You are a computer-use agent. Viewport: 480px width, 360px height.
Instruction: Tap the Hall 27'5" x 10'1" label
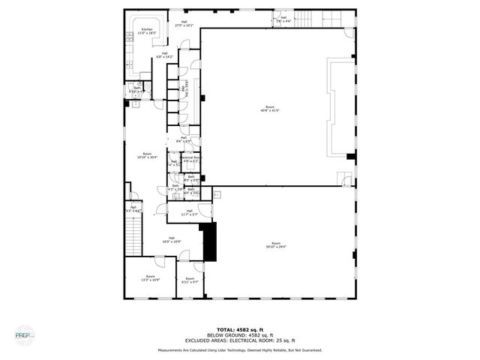184,24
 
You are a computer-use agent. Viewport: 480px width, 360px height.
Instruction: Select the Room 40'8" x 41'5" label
269,108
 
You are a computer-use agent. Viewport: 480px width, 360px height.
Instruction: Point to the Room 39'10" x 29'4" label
276,244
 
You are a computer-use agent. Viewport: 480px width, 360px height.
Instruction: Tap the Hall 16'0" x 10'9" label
172,239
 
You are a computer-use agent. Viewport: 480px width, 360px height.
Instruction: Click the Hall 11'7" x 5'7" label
189,212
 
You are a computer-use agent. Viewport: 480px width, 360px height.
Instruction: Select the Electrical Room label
190,159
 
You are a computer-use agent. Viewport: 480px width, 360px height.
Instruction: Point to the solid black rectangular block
210,241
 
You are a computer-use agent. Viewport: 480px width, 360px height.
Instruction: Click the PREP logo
24,334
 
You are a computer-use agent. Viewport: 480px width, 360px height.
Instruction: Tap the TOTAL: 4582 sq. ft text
240,328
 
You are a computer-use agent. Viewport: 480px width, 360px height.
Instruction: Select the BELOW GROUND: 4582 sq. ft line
240,334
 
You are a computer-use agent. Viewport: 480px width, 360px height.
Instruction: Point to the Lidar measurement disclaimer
240,349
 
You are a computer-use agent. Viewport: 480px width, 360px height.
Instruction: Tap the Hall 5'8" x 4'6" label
283,19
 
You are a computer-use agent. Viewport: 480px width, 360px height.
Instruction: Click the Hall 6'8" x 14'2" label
164,55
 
